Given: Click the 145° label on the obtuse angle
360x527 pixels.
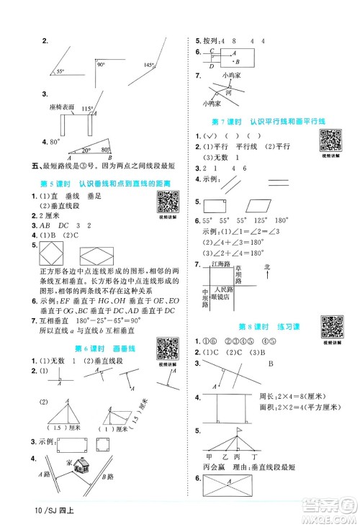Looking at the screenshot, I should coord(148,65).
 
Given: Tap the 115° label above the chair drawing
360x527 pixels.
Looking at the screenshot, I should coord(88,109).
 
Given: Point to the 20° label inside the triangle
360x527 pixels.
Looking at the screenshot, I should coord(86,150).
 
